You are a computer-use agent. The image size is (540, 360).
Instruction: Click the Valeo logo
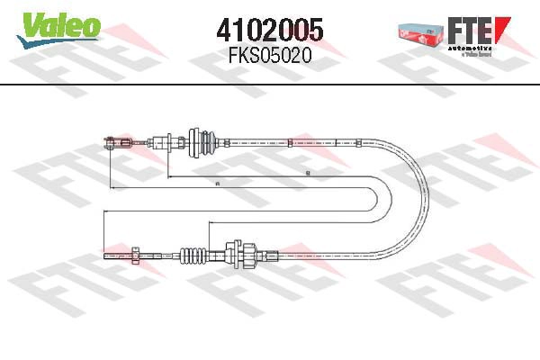pyautogui.click(x=56, y=26)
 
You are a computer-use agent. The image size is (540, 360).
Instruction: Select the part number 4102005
pyautogui.click(x=270, y=29)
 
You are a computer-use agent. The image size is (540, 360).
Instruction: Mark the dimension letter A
pyautogui.click(x=219, y=184)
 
